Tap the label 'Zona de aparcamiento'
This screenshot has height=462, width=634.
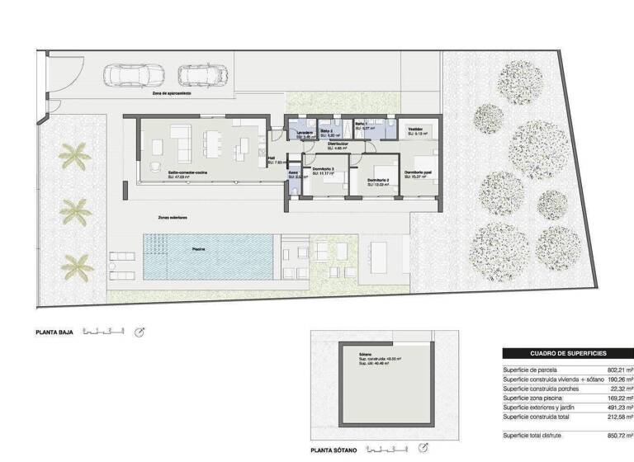pos(172,94)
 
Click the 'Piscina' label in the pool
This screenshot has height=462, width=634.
pos(200,248)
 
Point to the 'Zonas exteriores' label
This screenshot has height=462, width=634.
pos(173,218)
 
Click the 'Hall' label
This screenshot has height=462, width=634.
pos(273,159)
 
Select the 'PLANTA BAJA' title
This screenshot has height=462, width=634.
pos(54,332)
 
